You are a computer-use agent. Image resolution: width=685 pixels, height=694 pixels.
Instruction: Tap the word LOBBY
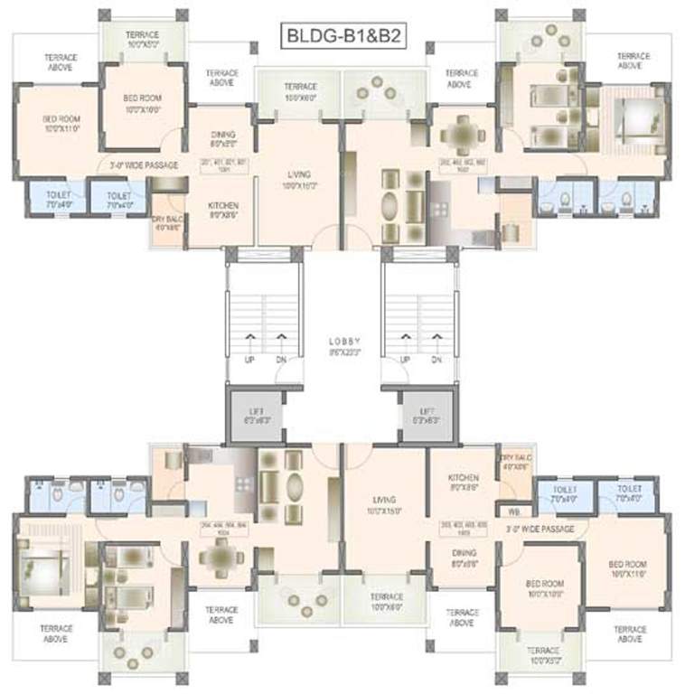344,342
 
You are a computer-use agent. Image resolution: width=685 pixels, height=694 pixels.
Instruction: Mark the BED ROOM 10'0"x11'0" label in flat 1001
61,123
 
